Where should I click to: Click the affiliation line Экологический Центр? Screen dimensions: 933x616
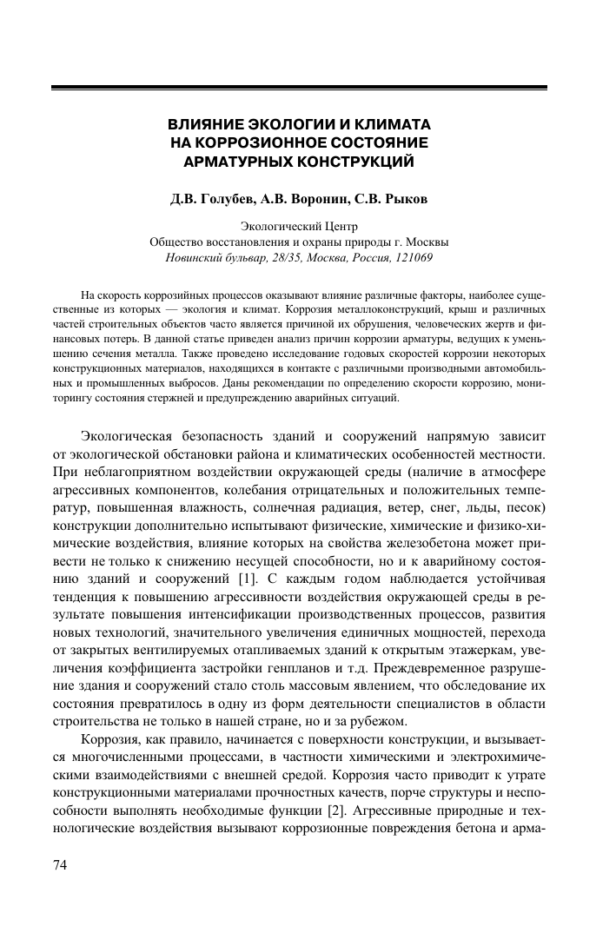[x=299, y=227]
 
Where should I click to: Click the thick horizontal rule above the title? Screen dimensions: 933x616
[x=300, y=87]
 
